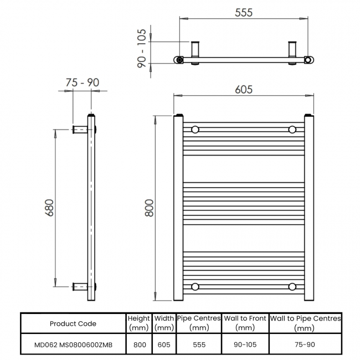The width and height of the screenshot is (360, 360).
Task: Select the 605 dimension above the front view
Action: click(243, 89)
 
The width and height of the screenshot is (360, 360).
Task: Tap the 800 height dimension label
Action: click(148, 208)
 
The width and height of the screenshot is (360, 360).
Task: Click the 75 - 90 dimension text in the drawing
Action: click(82, 83)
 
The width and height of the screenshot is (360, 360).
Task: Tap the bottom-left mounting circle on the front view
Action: click(195, 286)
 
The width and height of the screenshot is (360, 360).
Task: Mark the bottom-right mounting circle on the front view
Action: click(292, 286)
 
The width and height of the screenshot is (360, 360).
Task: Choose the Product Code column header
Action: click(73, 323)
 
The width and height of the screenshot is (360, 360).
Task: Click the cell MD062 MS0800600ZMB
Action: click(73, 344)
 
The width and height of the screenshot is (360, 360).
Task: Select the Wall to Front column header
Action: click(245, 323)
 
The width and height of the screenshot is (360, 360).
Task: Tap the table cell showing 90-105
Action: click(245, 344)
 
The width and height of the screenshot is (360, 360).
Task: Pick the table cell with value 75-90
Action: click(305, 344)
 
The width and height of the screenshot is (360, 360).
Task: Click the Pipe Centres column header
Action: click(199, 323)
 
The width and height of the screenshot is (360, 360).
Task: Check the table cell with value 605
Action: click(164, 344)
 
